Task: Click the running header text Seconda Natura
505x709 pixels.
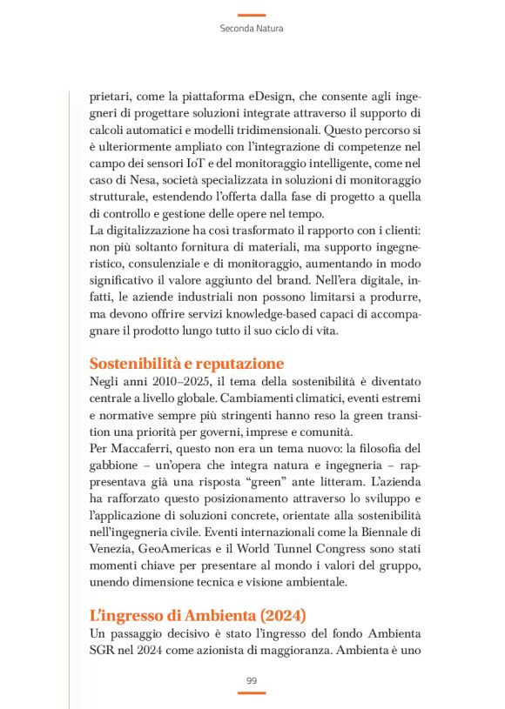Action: pos(252,29)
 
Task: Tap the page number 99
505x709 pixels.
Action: pos(252,679)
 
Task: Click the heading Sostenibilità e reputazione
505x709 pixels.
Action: pos(187,363)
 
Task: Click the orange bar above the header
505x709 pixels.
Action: pos(252,15)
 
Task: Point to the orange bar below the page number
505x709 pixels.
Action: pos(252,692)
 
